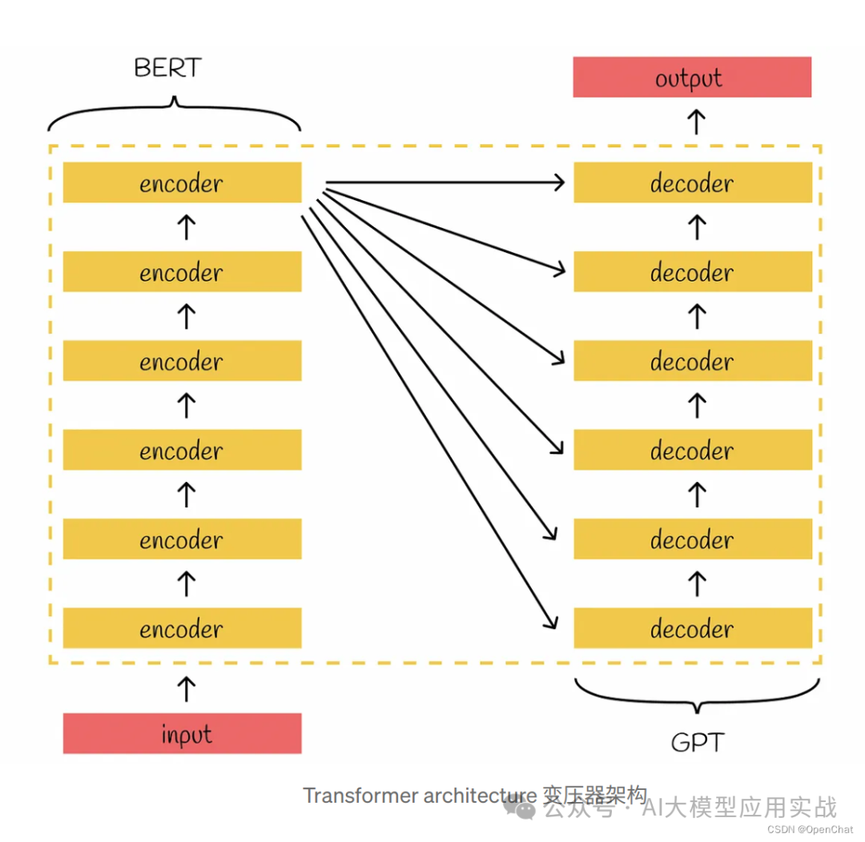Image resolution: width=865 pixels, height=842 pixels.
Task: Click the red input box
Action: coord(182,733)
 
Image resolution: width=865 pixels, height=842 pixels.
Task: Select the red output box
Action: coord(692,78)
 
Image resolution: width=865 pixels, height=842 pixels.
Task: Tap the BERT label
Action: coord(167,68)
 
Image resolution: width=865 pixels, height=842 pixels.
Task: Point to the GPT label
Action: coord(696,742)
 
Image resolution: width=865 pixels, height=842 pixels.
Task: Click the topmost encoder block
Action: coord(182,182)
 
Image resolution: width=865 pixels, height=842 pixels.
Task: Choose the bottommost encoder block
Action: coord(182,627)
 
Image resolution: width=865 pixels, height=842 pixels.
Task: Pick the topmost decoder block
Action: coord(692,182)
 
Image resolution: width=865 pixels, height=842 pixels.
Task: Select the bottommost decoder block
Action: coord(692,627)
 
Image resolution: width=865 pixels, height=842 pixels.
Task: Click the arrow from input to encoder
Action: coord(185,688)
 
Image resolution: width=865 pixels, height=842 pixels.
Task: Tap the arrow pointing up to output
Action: coord(697,122)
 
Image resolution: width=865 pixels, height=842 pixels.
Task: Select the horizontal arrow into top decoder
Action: coord(445,183)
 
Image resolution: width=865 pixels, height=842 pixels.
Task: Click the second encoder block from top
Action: coord(182,271)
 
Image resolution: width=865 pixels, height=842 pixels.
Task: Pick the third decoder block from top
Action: coord(692,360)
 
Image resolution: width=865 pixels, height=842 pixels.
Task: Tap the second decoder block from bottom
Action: coord(692,539)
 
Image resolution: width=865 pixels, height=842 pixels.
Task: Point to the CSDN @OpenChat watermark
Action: coord(810,829)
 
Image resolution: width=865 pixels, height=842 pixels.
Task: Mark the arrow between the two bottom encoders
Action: coord(185,583)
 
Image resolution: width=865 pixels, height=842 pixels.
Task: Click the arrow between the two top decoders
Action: coord(697,227)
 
